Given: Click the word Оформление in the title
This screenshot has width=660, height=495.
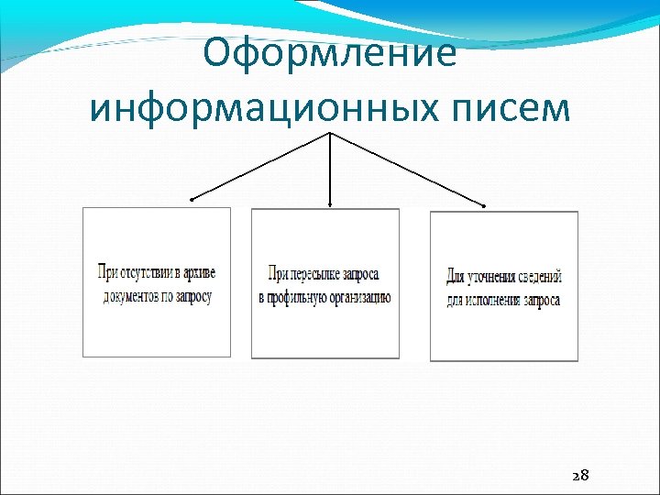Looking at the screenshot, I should [329, 53].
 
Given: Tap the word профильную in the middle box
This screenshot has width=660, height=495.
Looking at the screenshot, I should [300, 297].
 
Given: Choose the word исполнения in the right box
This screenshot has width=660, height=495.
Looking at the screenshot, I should [495, 300].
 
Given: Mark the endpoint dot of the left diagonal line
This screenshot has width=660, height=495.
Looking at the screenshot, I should [192, 199].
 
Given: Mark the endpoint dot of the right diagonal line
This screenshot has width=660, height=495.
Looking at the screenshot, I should [485, 203].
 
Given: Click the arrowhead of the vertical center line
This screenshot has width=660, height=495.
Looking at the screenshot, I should [329, 204].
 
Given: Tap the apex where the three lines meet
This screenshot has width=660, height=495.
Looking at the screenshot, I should [329, 133].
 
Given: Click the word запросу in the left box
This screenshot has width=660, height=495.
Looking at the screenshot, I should [192, 296].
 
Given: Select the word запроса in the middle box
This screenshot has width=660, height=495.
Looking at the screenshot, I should [363, 274].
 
